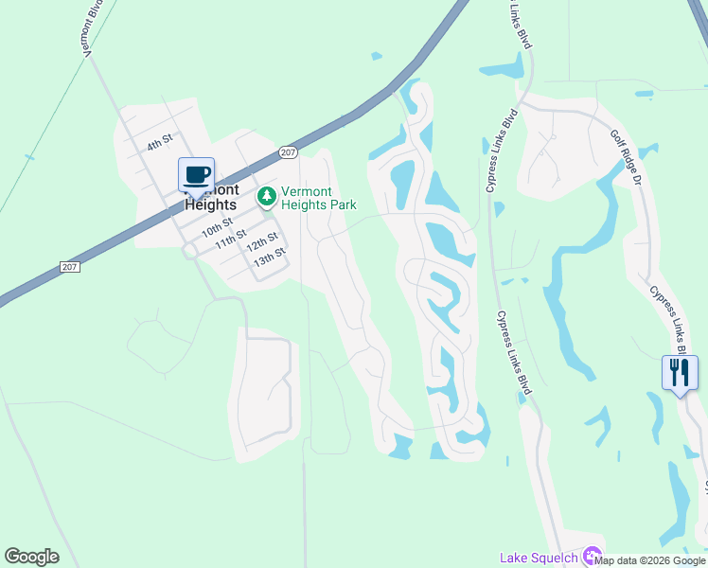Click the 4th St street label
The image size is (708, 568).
point(160,141)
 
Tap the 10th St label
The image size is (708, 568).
point(216,228)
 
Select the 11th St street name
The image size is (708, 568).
point(231,238)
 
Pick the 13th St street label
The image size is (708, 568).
point(270,257)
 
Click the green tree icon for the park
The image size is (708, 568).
point(267,197)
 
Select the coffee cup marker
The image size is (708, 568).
point(196,175)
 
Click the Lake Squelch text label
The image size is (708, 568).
point(539,558)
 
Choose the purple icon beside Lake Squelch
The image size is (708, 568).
point(592,557)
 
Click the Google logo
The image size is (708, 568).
point(31,557)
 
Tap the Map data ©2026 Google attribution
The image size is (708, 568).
point(649,560)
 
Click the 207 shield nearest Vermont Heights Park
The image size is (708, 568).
point(289,152)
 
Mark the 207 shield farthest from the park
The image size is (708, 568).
point(69,268)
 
